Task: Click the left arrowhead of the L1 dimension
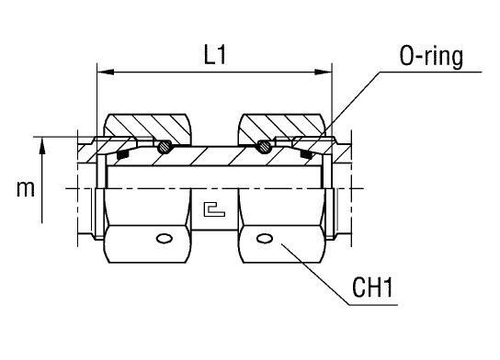(102, 73)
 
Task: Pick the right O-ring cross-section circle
(261, 147)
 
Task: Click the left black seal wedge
(126, 155)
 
